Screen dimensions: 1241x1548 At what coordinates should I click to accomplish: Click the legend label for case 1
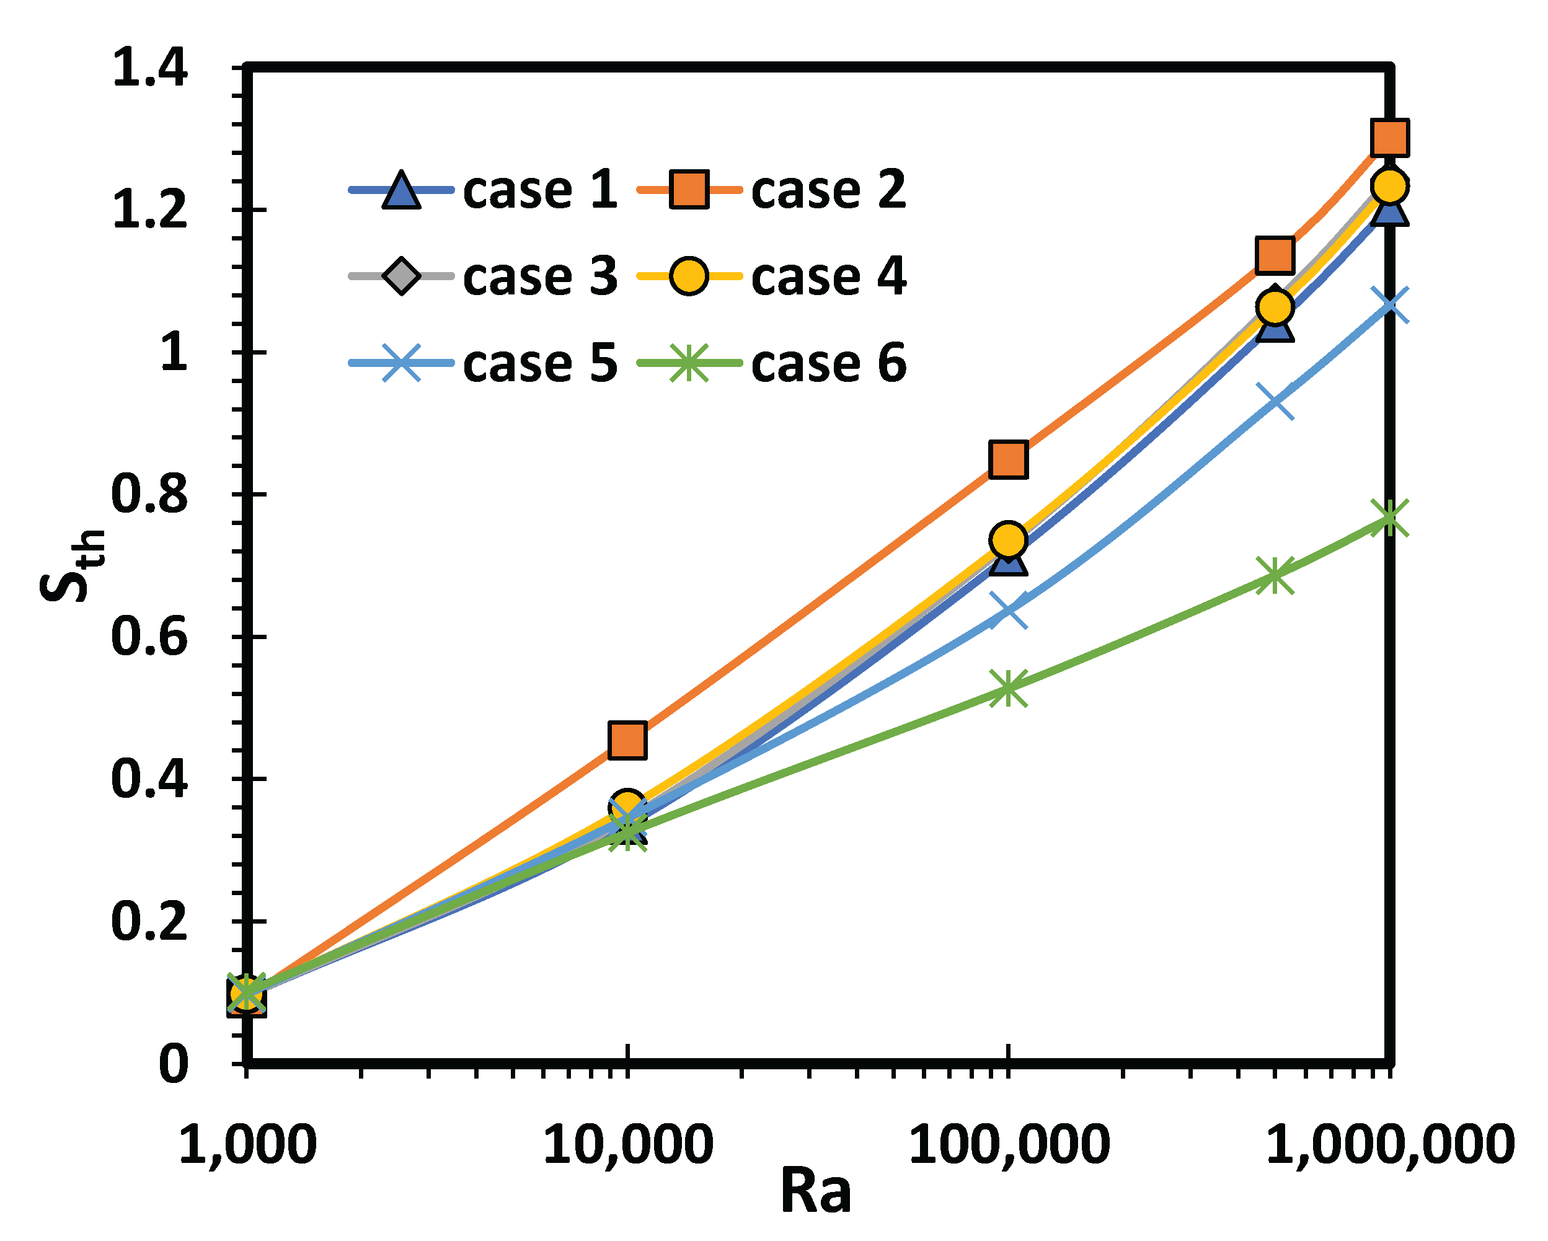[539, 191]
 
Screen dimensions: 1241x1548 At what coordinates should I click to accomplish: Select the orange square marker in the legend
[689, 190]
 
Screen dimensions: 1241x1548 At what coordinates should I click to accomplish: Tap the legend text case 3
[539, 277]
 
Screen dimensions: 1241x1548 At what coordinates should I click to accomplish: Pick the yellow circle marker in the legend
[689, 277]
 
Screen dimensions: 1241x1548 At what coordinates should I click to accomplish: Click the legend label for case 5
[539, 364]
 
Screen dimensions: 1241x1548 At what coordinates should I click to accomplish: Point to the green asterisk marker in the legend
[689, 363]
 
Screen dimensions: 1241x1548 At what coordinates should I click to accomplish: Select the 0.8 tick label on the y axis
[150, 495]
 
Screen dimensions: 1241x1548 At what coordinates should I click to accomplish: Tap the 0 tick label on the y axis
[172, 1064]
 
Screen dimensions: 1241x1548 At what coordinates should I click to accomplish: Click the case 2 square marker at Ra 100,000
[1008, 459]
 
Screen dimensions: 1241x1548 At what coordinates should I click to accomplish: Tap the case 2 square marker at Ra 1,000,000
[1389, 137]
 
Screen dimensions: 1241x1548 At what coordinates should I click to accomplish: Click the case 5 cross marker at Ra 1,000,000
[1389, 305]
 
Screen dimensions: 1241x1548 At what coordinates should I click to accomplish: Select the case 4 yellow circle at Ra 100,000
[1008, 540]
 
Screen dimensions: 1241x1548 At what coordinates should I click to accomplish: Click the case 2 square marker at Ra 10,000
[627, 740]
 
